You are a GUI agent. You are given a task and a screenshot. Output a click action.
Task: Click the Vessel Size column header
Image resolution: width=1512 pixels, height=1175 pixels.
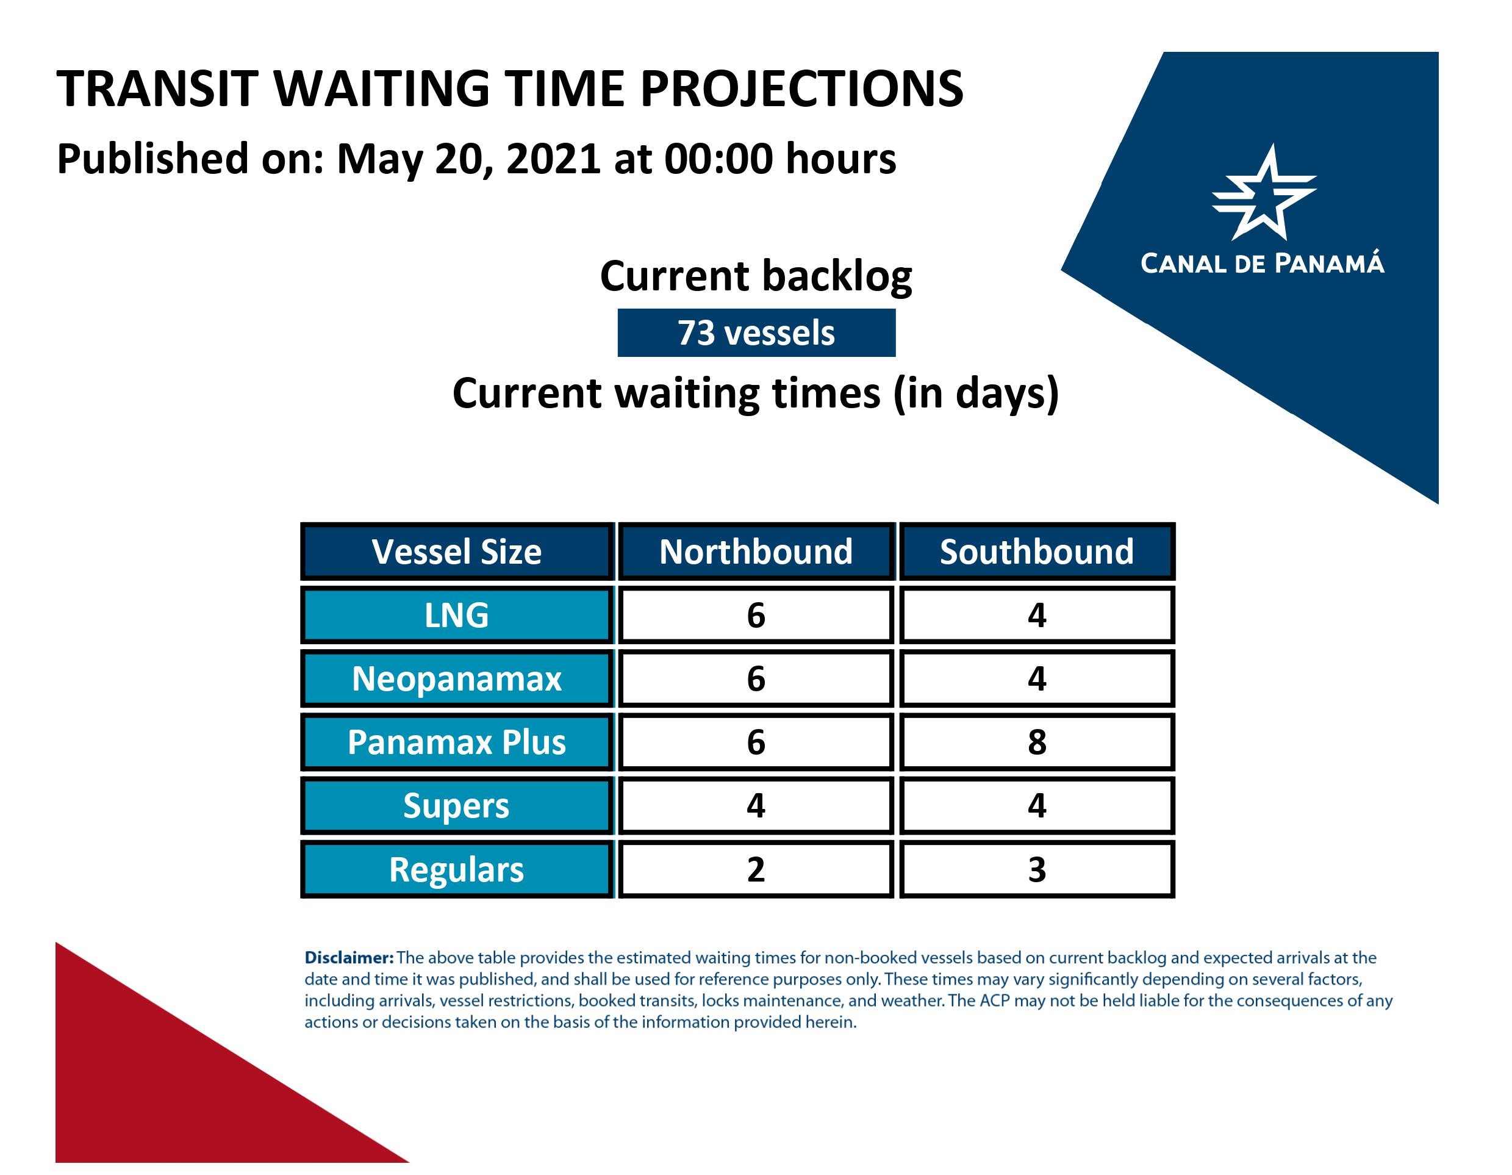point(457,552)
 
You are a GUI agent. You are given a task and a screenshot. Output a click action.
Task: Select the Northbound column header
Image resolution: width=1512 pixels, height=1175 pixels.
point(756,552)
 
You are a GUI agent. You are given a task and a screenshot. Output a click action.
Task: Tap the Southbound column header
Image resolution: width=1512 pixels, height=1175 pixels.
point(1036,552)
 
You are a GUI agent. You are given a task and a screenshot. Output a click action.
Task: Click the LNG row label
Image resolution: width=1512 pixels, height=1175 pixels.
point(457,615)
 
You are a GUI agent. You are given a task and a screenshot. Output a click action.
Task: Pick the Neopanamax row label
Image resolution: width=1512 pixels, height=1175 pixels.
point(457,678)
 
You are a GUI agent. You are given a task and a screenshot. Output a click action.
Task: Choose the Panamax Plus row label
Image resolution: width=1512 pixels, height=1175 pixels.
point(457,742)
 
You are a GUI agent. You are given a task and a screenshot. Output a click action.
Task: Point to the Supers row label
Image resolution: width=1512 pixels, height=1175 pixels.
point(457,806)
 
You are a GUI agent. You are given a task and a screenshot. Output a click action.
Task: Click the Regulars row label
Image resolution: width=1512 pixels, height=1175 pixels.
point(457,869)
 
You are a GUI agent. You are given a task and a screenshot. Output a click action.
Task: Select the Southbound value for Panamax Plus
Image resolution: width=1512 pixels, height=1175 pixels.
point(1036,742)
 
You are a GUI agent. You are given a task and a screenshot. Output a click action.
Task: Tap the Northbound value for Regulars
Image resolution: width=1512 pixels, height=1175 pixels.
point(756,869)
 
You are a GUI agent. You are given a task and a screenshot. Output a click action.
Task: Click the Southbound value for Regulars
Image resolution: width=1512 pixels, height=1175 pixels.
point(1036,869)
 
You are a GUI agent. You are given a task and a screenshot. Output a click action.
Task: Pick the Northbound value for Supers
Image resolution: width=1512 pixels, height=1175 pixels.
point(756,806)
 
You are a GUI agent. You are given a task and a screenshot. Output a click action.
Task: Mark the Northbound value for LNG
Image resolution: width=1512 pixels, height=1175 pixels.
point(756,615)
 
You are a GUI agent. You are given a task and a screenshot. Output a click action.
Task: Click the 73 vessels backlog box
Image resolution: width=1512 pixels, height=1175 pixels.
point(756,333)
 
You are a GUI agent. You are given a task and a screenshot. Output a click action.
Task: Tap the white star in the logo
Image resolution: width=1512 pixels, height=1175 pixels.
point(1264,194)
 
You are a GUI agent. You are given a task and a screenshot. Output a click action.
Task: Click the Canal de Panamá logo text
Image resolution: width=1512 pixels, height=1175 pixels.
point(1262,263)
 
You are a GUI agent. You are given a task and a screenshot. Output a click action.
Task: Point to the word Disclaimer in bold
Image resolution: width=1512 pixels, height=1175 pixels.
point(349,958)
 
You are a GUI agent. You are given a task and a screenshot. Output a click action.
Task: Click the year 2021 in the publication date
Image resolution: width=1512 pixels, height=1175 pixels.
point(553,159)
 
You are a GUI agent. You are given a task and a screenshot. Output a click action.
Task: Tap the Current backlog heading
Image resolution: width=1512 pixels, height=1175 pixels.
point(756,276)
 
